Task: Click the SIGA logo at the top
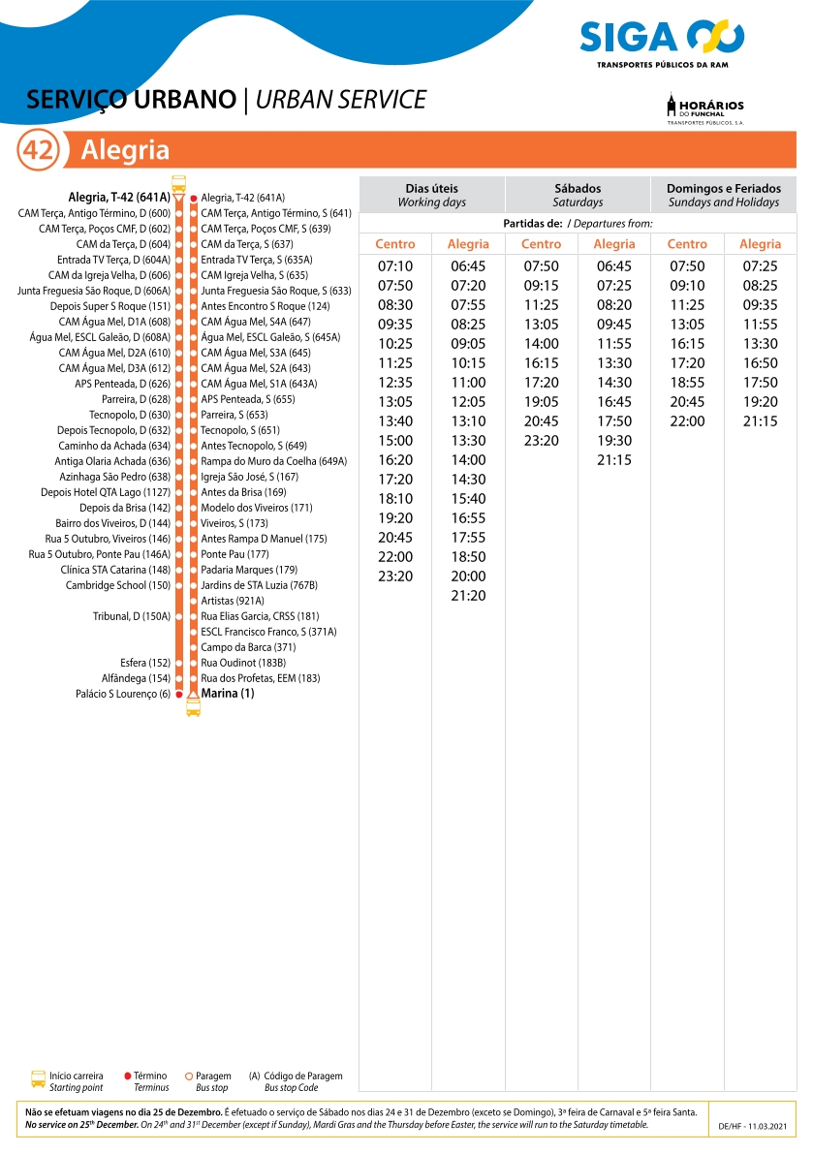coord(662,39)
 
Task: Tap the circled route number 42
coord(39,150)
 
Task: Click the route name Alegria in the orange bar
coord(125,150)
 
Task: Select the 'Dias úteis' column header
coord(431,195)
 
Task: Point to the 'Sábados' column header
coord(578,195)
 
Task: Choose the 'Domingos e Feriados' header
coord(723,195)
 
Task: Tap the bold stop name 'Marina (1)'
coord(228,694)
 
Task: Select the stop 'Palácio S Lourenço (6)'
coord(123,694)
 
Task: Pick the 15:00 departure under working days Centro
coord(395,441)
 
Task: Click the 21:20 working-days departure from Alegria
coord(468,596)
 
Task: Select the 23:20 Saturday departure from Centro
coord(541,441)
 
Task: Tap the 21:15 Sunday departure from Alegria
coord(760,421)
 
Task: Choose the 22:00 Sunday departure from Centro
coord(687,421)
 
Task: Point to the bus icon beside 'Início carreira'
coord(38,1080)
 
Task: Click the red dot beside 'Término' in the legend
coord(128,1075)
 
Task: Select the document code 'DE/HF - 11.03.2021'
coord(754,1128)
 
